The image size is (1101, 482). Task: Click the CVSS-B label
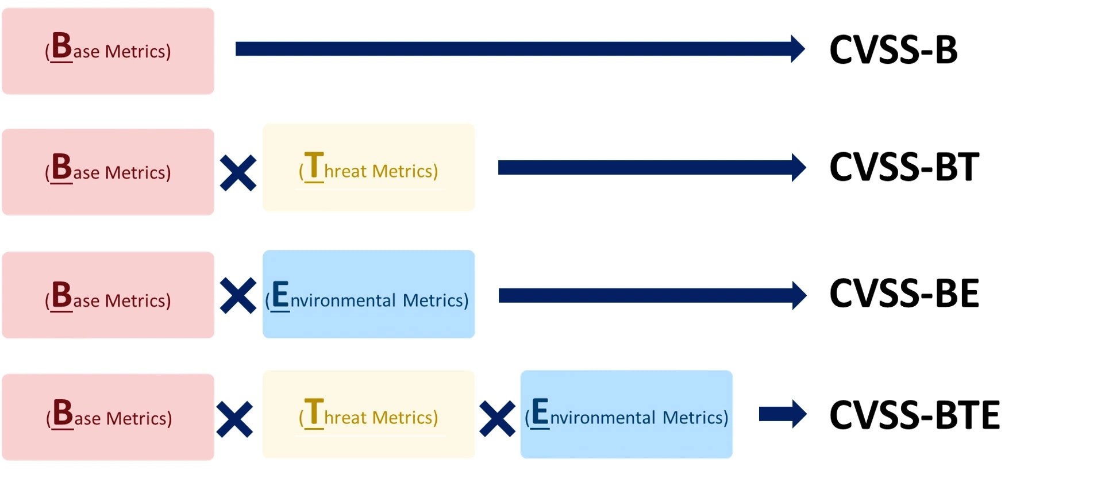click(x=893, y=49)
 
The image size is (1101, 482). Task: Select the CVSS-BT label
click(x=903, y=167)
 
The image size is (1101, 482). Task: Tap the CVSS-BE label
click(x=903, y=294)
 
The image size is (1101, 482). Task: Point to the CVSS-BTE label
click(x=914, y=415)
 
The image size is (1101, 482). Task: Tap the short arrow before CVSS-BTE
click(x=782, y=414)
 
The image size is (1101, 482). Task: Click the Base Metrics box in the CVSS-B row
click(x=108, y=51)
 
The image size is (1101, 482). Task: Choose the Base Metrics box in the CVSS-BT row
click(x=108, y=172)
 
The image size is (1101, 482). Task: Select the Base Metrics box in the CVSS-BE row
click(x=108, y=295)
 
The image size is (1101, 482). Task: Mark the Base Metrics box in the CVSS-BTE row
click(x=108, y=417)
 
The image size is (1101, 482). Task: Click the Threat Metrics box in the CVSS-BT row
click(x=368, y=168)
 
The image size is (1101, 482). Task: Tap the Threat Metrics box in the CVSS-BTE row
click(x=368, y=414)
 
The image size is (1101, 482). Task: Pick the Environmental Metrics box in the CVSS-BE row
click(x=368, y=294)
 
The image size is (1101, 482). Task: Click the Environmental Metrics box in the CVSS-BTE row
click(x=626, y=414)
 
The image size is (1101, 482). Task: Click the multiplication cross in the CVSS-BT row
click(x=238, y=173)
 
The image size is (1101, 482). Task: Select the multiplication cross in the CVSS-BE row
click(x=238, y=296)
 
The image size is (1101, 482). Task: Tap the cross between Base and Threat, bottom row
click(x=234, y=419)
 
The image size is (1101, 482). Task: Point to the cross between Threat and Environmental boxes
click(x=497, y=419)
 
